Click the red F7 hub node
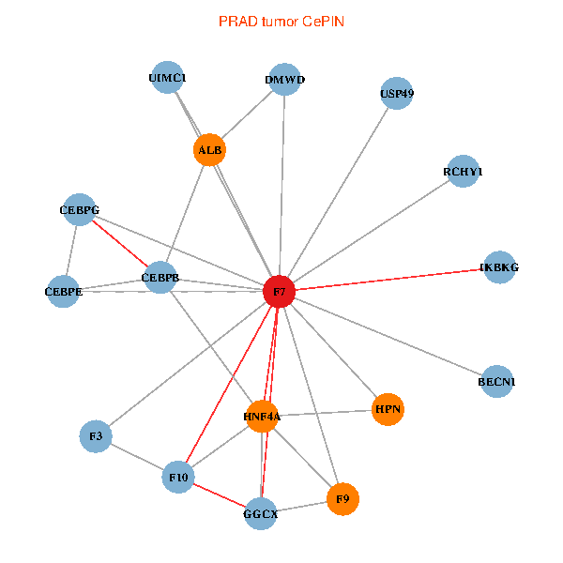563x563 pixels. (280, 292)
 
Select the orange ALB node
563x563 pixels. (210, 149)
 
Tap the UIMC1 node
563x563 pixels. (167, 78)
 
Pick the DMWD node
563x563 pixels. (284, 80)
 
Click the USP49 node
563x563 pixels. (397, 93)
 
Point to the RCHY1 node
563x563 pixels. (463, 172)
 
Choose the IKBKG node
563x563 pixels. (498, 267)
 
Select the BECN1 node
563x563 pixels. (496, 382)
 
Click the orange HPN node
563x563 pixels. (388, 409)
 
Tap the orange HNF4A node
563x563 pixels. (263, 416)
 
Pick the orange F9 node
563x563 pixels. (342, 498)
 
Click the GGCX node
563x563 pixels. (261, 514)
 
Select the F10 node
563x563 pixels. (178, 478)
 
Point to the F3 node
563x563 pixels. (96, 436)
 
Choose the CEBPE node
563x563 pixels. (64, 291)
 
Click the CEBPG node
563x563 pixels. (79, 210)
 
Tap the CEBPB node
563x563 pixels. (160, 278)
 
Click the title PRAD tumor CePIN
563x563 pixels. (281, 21)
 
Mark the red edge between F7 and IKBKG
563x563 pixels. (389, 280)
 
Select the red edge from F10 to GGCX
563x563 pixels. (220, 496)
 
